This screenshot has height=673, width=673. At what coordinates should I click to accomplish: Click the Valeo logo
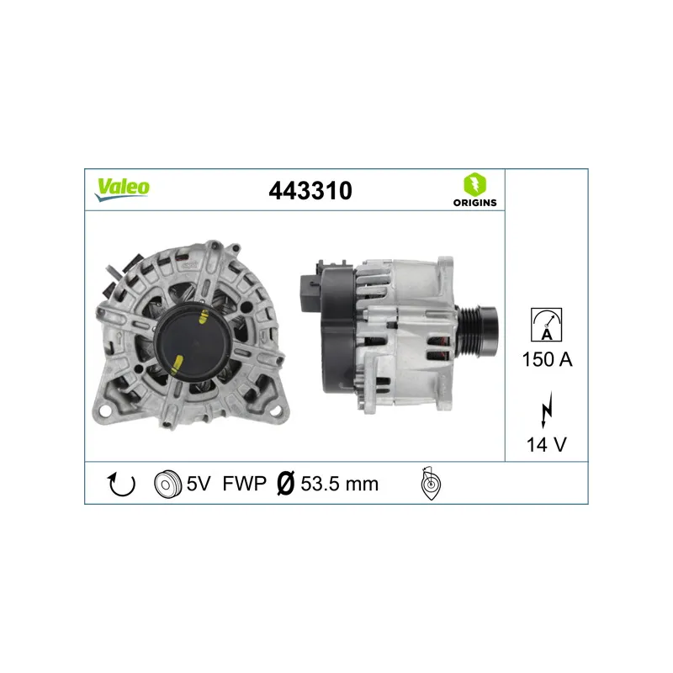click(122, 189)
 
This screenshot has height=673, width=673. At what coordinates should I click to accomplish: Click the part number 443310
click(310, 191)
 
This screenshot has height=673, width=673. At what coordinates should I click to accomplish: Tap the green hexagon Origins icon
click(474, 184)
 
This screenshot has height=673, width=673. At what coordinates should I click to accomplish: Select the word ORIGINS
click(474, 203)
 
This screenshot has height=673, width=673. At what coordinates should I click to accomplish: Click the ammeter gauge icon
click(546, 325)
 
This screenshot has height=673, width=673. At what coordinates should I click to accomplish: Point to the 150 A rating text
click(548, 359)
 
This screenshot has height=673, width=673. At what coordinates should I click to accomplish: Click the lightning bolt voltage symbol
click(546, 410)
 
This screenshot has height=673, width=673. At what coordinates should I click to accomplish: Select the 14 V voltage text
click(546, 445)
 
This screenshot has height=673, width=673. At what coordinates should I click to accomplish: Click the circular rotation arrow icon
click(121, 484)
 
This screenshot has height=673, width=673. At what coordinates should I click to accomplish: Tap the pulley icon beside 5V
click(167, 485)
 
